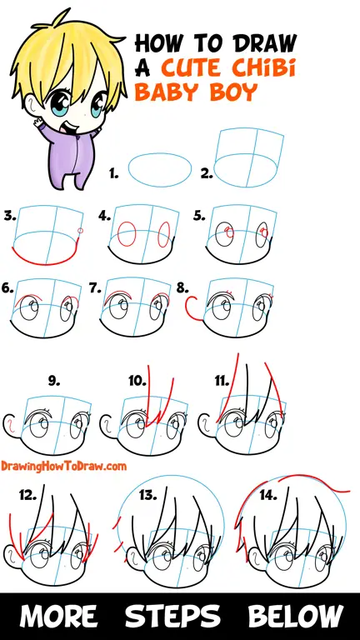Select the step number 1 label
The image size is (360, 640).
(113, 174)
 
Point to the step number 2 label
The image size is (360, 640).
(207, 174)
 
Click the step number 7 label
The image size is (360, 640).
(95, 288)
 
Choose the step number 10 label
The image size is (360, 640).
(137, 381)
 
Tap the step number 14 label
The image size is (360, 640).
(268, 496)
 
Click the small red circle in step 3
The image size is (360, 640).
(80, 231)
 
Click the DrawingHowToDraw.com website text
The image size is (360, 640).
(63, 466)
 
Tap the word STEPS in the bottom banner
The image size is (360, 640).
(173, 616)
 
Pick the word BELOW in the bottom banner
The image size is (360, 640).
(296, 616)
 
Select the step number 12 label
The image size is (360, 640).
(27, 496)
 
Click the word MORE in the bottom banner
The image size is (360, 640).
(59, 616)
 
